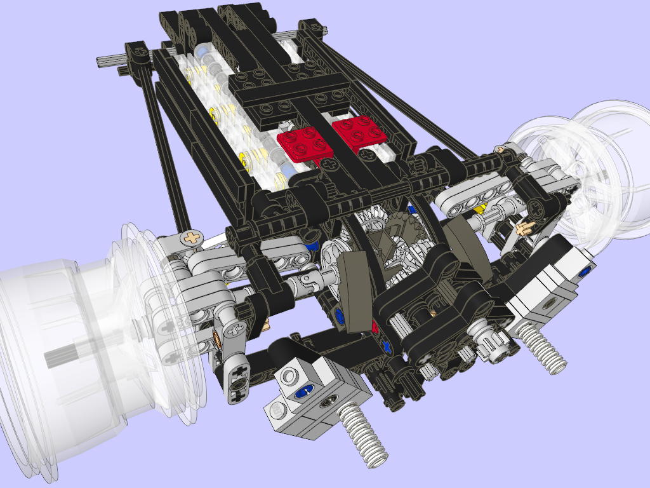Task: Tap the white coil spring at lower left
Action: (362, 435)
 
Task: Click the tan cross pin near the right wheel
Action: (524, 227)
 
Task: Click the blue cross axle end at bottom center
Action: (387, 347)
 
